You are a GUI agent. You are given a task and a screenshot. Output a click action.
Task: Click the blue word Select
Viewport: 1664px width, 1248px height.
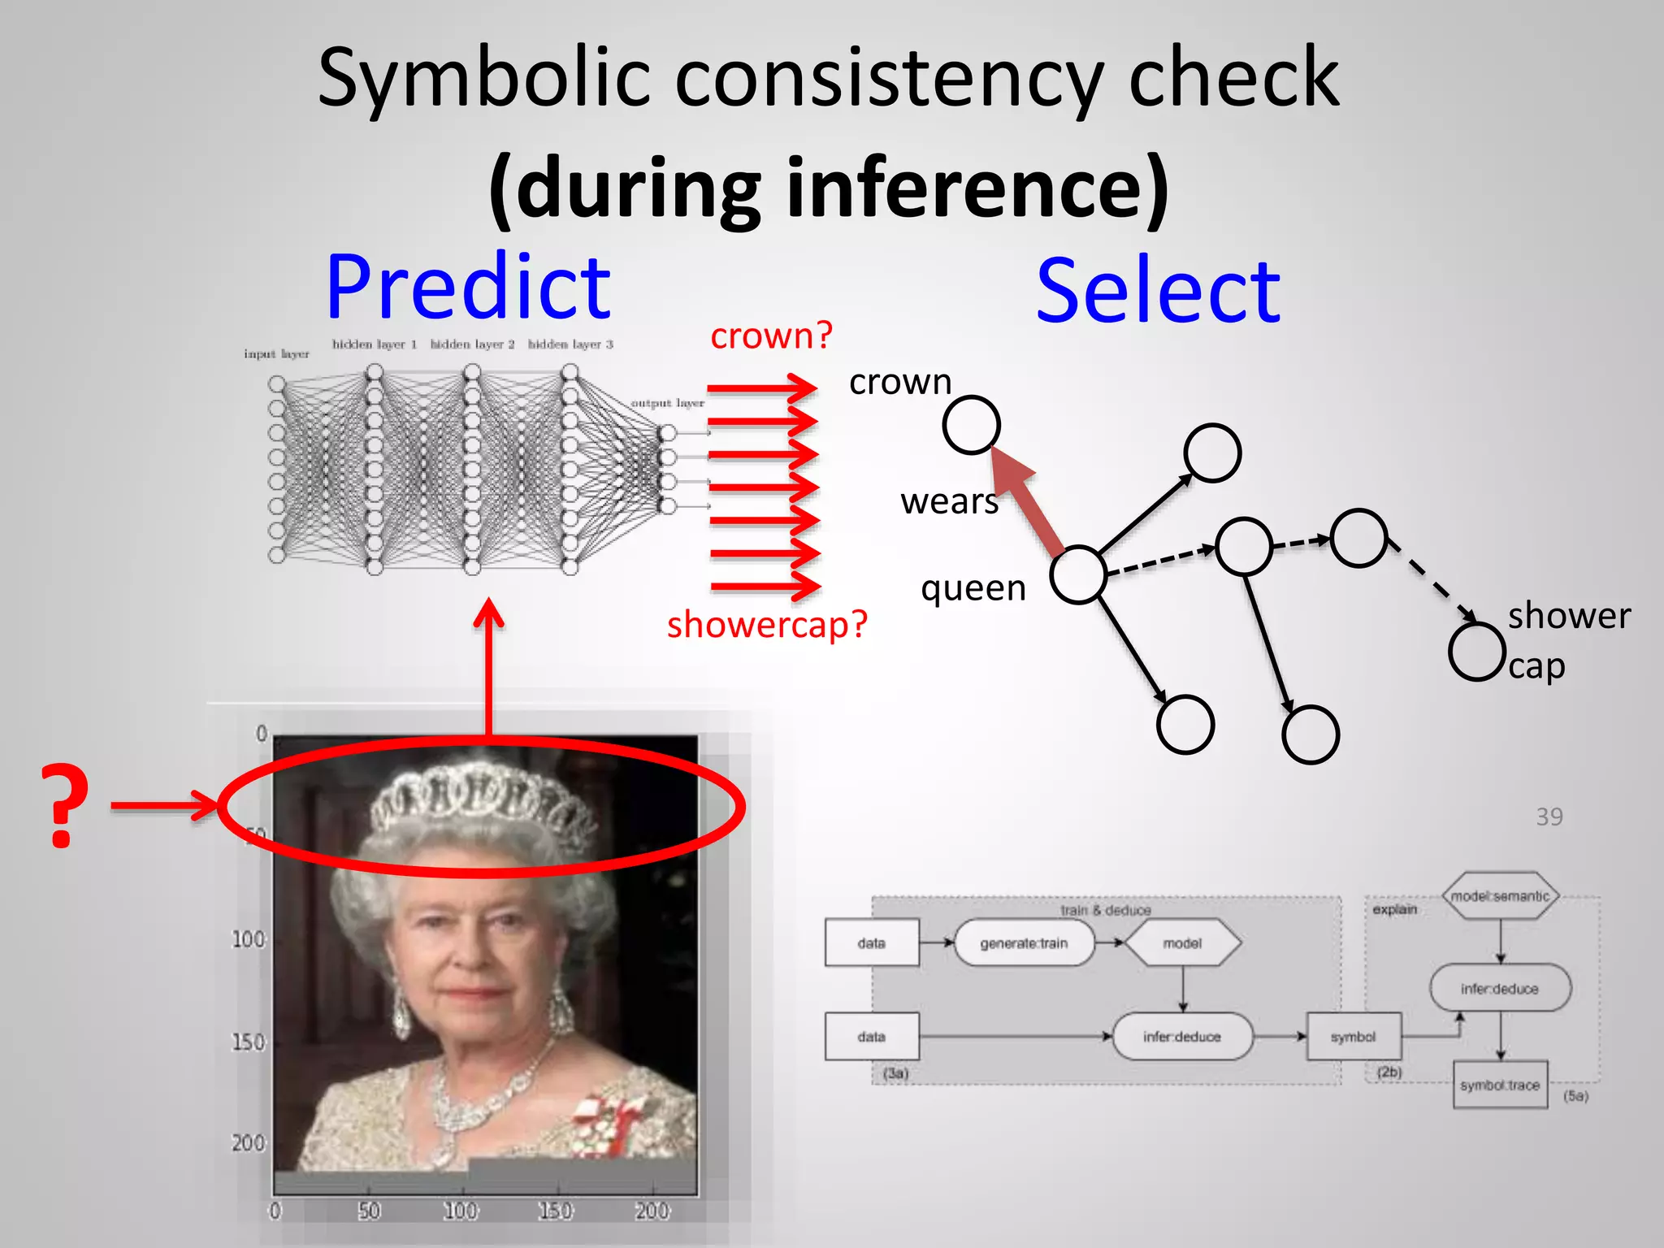[1159, 291]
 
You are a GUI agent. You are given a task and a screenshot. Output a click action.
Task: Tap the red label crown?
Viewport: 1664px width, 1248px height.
[771, 336]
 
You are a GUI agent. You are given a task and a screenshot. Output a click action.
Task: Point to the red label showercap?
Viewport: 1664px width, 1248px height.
[767, 625]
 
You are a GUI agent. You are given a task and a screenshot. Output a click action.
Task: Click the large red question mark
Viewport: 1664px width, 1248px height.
[64, 806]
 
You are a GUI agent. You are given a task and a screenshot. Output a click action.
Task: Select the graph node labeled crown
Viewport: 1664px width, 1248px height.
[971, 424]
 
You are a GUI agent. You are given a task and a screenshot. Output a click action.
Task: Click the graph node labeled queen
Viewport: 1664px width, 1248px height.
[1077, 574]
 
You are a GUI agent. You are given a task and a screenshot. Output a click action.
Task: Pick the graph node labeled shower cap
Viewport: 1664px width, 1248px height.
[1476, 651]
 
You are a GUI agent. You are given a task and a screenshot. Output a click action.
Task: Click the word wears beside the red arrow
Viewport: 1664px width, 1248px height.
[949, 501]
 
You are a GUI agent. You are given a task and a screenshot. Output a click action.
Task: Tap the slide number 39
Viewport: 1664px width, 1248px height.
[1549, 817]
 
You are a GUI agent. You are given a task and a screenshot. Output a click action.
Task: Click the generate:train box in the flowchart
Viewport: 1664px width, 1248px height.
[1024, 943]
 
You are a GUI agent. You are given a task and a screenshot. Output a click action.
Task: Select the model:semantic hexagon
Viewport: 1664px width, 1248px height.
[1500, 896]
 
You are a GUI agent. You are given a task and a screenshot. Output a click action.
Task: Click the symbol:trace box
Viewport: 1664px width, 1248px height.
[1499, 1085]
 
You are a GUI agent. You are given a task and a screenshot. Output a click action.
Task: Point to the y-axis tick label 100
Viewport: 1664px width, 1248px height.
[249, 940]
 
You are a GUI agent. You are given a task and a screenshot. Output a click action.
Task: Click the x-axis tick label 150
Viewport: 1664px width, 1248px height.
[556, 1211]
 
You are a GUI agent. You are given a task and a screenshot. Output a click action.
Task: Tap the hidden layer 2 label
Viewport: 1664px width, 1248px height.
[472, 344]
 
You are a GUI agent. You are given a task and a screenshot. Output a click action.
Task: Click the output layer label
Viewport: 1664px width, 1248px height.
[667, 403]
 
